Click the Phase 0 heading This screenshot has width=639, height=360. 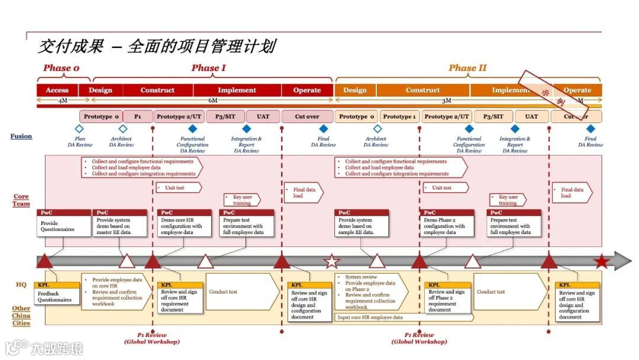pos(61,68)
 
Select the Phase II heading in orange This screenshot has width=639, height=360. pos(467,68)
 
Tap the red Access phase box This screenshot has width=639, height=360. pos(57,91)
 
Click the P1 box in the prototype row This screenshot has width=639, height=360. pos(138,117)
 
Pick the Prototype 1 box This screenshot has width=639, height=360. pos(399,117)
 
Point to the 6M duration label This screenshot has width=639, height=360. pos(213,101)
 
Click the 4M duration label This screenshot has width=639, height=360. pos(63,101)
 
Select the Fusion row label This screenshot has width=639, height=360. pos(21,137)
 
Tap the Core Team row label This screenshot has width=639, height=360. pos(21,200)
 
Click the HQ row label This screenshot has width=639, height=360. pos(21,285)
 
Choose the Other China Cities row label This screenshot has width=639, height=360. pos(21,316)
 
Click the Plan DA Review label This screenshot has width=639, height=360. pos(79,142)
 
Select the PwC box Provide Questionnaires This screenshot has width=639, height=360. pos(63,223)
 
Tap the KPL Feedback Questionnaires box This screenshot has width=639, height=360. pos(57,294)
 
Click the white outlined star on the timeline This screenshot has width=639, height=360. pos(332,261)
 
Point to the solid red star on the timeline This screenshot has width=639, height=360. pos(602,261)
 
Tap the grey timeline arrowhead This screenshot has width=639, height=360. pos(622,261)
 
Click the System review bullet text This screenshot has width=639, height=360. pos(361,277)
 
